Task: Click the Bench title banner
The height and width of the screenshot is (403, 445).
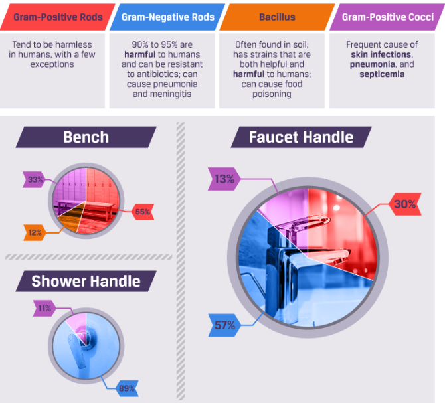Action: [x=86, y=137]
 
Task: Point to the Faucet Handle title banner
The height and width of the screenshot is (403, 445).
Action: [x=301, y=137]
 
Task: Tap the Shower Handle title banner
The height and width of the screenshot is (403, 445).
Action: [x=86, y=281]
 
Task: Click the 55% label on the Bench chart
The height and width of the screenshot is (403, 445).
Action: [x=143, y=212]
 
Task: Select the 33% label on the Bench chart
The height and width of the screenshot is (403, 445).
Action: [x=35, y=179]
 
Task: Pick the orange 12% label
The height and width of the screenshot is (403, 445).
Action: [x=35, y=233]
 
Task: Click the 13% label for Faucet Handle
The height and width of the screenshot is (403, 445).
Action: [x=224, y=179]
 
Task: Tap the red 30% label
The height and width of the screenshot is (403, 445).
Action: [x=404, y=204]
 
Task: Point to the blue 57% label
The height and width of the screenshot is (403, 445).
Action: [x=224, y=325]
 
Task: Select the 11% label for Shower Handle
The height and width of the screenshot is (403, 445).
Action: [x=45, y=309]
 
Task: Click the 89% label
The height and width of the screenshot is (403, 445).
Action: [x=127, y=388]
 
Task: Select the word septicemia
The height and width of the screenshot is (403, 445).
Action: [x=382, y=74]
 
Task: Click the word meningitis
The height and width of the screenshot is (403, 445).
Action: [x=167, y=94]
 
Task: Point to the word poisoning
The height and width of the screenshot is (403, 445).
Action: [x=272, y=94]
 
